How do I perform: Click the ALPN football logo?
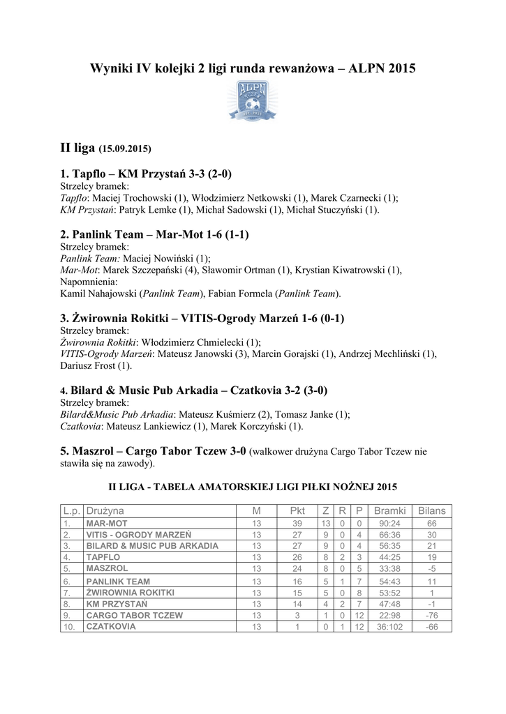point(253,101)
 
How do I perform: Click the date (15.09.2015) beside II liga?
point(125,149)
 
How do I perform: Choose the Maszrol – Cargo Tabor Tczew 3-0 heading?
point(153,451)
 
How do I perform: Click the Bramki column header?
point(389,511)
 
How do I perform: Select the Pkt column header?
point(297,511)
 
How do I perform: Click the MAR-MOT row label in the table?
point(107,523)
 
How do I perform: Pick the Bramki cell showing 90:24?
point(389,523)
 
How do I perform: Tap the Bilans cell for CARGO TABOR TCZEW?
point(431,616)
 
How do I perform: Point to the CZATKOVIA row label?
point(111,627)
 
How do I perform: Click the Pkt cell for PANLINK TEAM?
point(297,581)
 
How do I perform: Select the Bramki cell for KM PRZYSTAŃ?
point(389,604)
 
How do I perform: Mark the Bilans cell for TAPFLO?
point(431,558)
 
